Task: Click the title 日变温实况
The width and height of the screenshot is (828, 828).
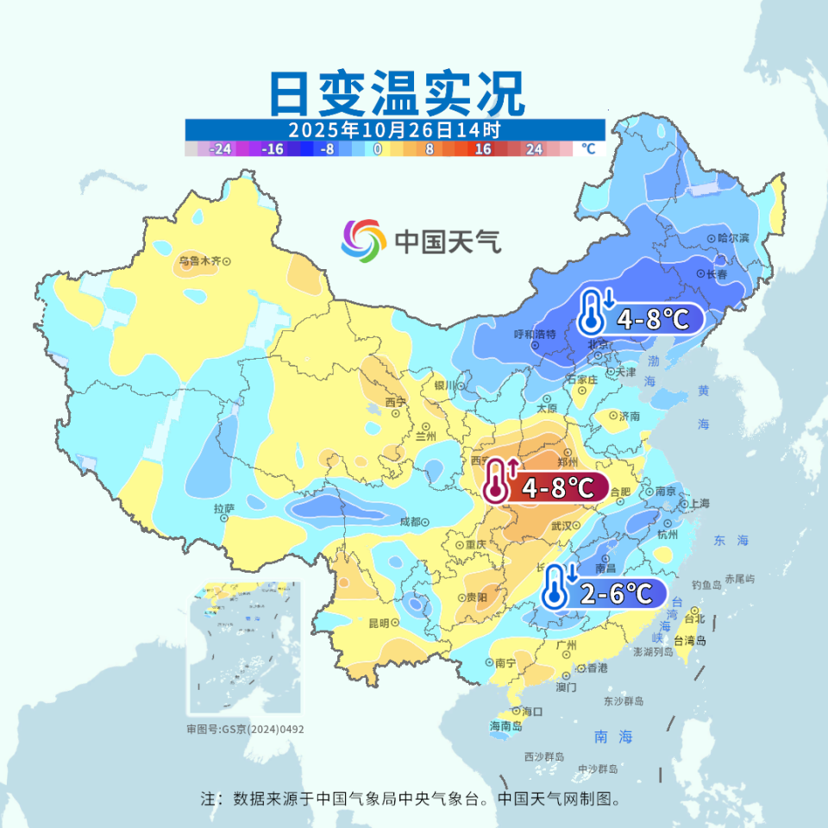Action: pyautogui.click(x=396, y=94)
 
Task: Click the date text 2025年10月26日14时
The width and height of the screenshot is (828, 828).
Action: pyautogui.click(x=394, y=130)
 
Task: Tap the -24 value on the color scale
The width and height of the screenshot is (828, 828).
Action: pyautogui.click(x=221, y=149)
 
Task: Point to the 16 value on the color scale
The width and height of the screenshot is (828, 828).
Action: pyautogui.click(x=483, y=149)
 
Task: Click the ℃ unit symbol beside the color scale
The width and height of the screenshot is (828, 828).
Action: pyautogui.click(x=588, y=149)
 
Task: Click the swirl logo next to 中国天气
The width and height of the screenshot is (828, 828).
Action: pyautogui.click(x=362, y=239)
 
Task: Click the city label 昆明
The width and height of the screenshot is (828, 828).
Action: pyautogui.click(x=380, y=623)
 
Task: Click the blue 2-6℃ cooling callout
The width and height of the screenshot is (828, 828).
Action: pyautogui.click(x=605, y=593)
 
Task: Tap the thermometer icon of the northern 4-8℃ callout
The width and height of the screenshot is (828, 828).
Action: pyautogui.click(x=592, y=312)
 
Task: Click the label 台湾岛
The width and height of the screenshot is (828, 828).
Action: pyautogui.click(x=690, y=640)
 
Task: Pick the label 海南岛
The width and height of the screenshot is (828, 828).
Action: pyautogui.click(x=505, y=726)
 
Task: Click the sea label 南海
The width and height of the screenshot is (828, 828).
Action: pyautogui.click(x=614, y=737)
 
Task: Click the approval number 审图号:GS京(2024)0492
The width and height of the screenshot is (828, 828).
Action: pyautogui.click(x=245, y=729)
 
